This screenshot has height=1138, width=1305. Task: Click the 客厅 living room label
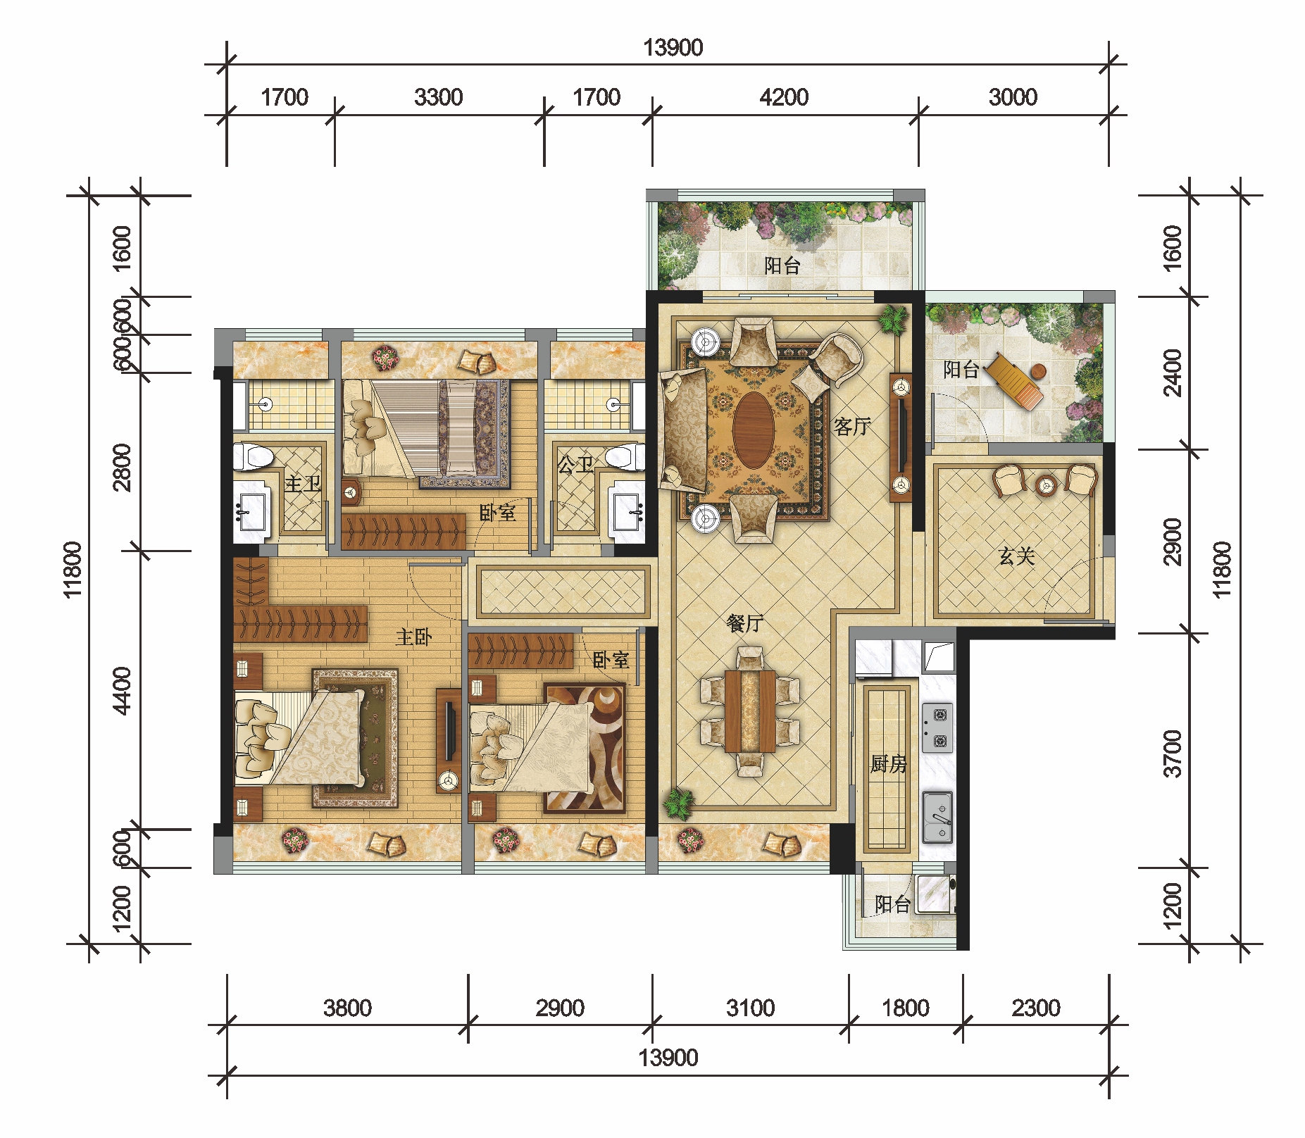(x=852, y=426)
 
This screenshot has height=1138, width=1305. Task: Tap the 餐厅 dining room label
(x=744, y=623)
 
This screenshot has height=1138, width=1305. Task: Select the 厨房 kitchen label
(x=888, y=763)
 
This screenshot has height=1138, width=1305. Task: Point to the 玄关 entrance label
(x=1017, y=556)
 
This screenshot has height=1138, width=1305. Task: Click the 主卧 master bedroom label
(x=413, y=637)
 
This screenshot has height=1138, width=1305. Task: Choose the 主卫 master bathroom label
(x=303, y=483)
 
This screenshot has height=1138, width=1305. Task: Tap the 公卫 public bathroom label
(x=575, y=464)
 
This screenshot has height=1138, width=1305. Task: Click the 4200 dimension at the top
(x=784, y=97)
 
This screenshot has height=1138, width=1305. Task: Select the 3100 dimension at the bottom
(x=751, y=1008)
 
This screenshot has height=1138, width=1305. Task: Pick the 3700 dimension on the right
(x=1173, y=754)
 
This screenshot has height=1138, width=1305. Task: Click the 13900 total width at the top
(x=673, y=48)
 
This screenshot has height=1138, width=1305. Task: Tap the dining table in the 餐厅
(x=749, y=711)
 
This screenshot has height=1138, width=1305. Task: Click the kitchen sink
(x=937, y=817)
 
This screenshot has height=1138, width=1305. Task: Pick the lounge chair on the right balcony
(x=1014, y=380)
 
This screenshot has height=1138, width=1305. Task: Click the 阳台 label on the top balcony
(x=782, y=265)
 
